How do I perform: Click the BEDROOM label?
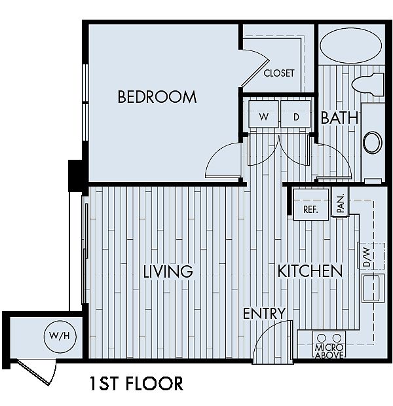pos(157,97)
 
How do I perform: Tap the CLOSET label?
pos(279,73)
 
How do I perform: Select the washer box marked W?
pos(263,114)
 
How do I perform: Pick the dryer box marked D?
pos(295,114)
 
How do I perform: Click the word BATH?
pos(339,118)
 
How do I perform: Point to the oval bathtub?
pos(351,46)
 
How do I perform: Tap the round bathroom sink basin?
pos(372,143)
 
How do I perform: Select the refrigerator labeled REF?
pos(311,204)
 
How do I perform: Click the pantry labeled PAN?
pos(341,202)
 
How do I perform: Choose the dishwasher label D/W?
pos(367,257)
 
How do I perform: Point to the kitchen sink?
pos(373,288)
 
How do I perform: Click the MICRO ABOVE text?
pos(329,351)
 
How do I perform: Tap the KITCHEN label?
pos(310,271)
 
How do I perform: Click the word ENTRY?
pos(264,313)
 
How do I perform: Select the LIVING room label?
pos(168,271)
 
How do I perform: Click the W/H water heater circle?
pos(60,336)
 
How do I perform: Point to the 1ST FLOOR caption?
pos(136,384)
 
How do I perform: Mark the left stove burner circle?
pos(322,338)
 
